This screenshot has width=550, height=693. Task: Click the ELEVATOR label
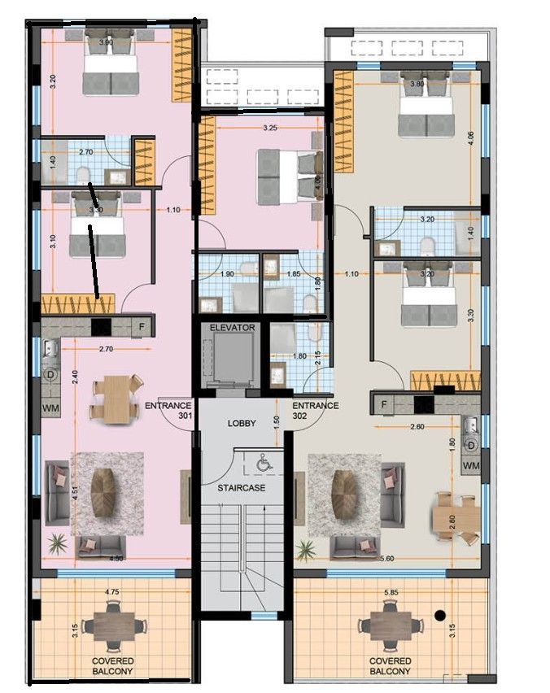tap(232, 327)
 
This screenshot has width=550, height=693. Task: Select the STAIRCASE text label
tap(240, 487)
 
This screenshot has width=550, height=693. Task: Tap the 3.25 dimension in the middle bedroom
tap(273, 128)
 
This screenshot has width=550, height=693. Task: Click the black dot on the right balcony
tap(440, 616)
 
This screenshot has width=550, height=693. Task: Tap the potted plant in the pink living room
tap(58, 542)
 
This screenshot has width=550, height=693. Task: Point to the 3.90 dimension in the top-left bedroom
tap(106, 41)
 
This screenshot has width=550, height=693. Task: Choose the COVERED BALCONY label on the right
tap(391, 666)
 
